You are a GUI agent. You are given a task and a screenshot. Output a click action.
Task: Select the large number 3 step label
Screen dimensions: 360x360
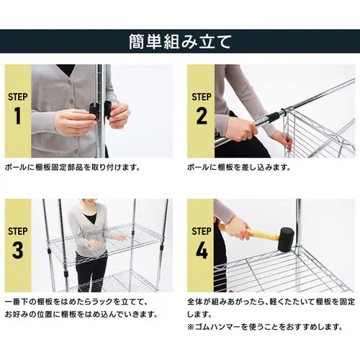pyautogui.click(x=17, y=251)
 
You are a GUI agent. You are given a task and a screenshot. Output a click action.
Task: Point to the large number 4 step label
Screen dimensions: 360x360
pyautogui.click(x=202, y=251)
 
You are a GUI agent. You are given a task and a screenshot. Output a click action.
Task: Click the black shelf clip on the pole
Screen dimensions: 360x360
pyautogui.click(x=94, y=111)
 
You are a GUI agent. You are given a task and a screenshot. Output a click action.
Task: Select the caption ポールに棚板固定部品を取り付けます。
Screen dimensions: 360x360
pyautogui.click(x=72, y=167)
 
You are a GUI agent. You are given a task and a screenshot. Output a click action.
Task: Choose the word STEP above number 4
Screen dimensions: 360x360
pyautogui.click(x=202, y=231)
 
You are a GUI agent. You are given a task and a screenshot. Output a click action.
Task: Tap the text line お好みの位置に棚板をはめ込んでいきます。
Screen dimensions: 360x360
pyautogui.click(x=83, y=314)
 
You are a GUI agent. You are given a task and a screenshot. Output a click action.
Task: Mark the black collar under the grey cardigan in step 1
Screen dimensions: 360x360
pyautogui.click(x=66, y=71)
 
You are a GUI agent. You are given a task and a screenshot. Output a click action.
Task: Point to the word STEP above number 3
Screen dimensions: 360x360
pyautogui.click(x=17, y=231)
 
